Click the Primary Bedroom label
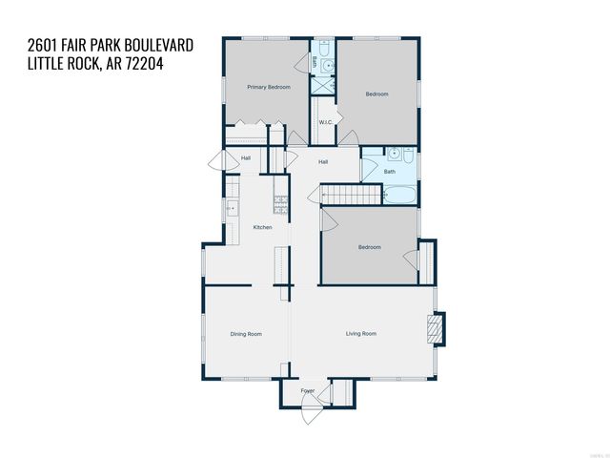(x=268, y=87)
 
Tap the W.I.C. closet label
(x=325, y=122)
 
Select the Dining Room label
(x=246, y=334)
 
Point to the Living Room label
(x=360, y=334)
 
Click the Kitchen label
(x=262, y=227)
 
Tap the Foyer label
(x=308, y=391)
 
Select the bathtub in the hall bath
(x=399, y=196)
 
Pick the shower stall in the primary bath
(x=325, y=85)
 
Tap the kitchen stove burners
(x=281, y=202)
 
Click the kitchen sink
(x=230, y=207)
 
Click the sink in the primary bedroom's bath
(x=326, y=65)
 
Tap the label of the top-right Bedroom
(x=377, y=94)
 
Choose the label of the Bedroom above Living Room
(x=369, y=247)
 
